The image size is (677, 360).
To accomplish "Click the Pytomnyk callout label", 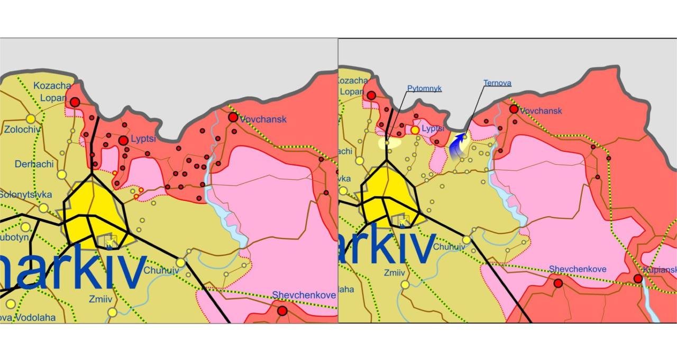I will tap(424, 89).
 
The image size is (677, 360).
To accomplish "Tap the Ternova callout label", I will tap(497, 83).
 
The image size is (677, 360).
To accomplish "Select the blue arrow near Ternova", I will tap(458, 147).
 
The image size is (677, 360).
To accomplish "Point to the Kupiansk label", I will tap(660, 270).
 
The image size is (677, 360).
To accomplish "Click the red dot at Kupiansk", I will tap(638, 279).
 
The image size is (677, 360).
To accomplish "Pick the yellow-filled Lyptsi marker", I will tap(415, 130).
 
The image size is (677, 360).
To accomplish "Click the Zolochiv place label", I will tap(22, 130).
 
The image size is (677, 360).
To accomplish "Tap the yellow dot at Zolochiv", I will tap(31, 118).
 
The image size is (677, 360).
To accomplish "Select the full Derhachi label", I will tap(34, 164).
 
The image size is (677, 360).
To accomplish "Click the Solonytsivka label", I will tap(22, 195).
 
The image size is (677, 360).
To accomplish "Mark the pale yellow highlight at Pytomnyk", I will tap(389, 142).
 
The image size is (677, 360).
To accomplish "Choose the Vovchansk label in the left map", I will tap(263, 119).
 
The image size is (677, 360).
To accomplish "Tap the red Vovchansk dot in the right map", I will tap(513, 109).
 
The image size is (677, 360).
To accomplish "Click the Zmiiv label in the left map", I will tap(100, 299).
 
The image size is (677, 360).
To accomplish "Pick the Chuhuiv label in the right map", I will tap(450, 246).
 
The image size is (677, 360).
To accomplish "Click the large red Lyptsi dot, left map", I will tap(123, 140).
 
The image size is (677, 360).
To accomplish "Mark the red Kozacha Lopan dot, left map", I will tap(75, 101).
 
